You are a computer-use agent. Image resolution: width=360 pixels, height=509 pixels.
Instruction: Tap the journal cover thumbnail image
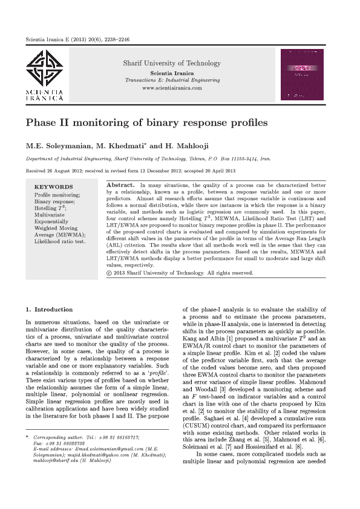(305, 74)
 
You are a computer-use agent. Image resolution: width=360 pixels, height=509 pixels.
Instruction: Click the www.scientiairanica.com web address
(172, 88)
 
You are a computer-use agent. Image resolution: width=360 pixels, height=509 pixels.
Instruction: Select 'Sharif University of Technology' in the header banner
(172, 63)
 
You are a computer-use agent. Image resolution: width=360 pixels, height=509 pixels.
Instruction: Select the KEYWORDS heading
(53, 187)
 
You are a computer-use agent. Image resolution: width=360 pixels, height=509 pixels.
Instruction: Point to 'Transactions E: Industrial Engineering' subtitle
(172, 80)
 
